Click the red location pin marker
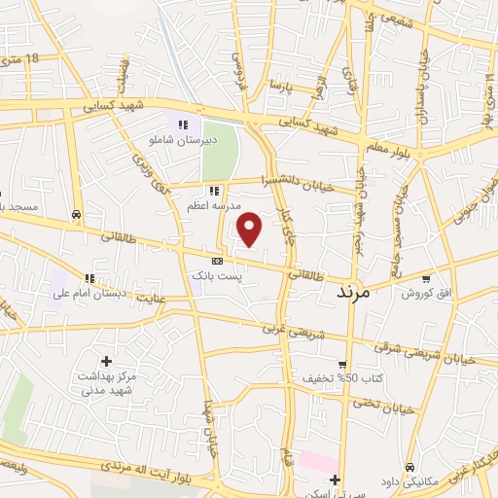click(x=251, y=229)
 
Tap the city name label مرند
click(x=354, y=290)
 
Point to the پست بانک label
click(x=215, y=276)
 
